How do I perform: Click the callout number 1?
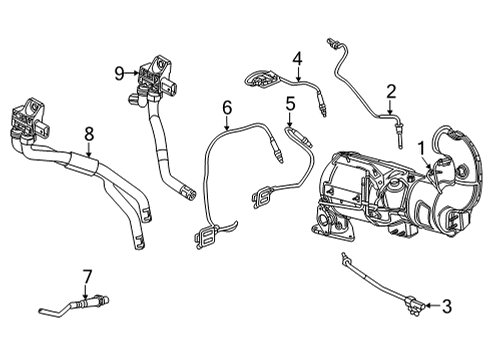point(422,148)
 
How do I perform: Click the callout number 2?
point(391,91)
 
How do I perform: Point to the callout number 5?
point(289,102)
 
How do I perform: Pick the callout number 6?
point(227,106)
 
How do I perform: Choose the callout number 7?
point(87,275)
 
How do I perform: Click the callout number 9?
point(119,72)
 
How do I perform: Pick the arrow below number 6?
point(227,127)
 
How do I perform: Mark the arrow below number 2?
point(391,112)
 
